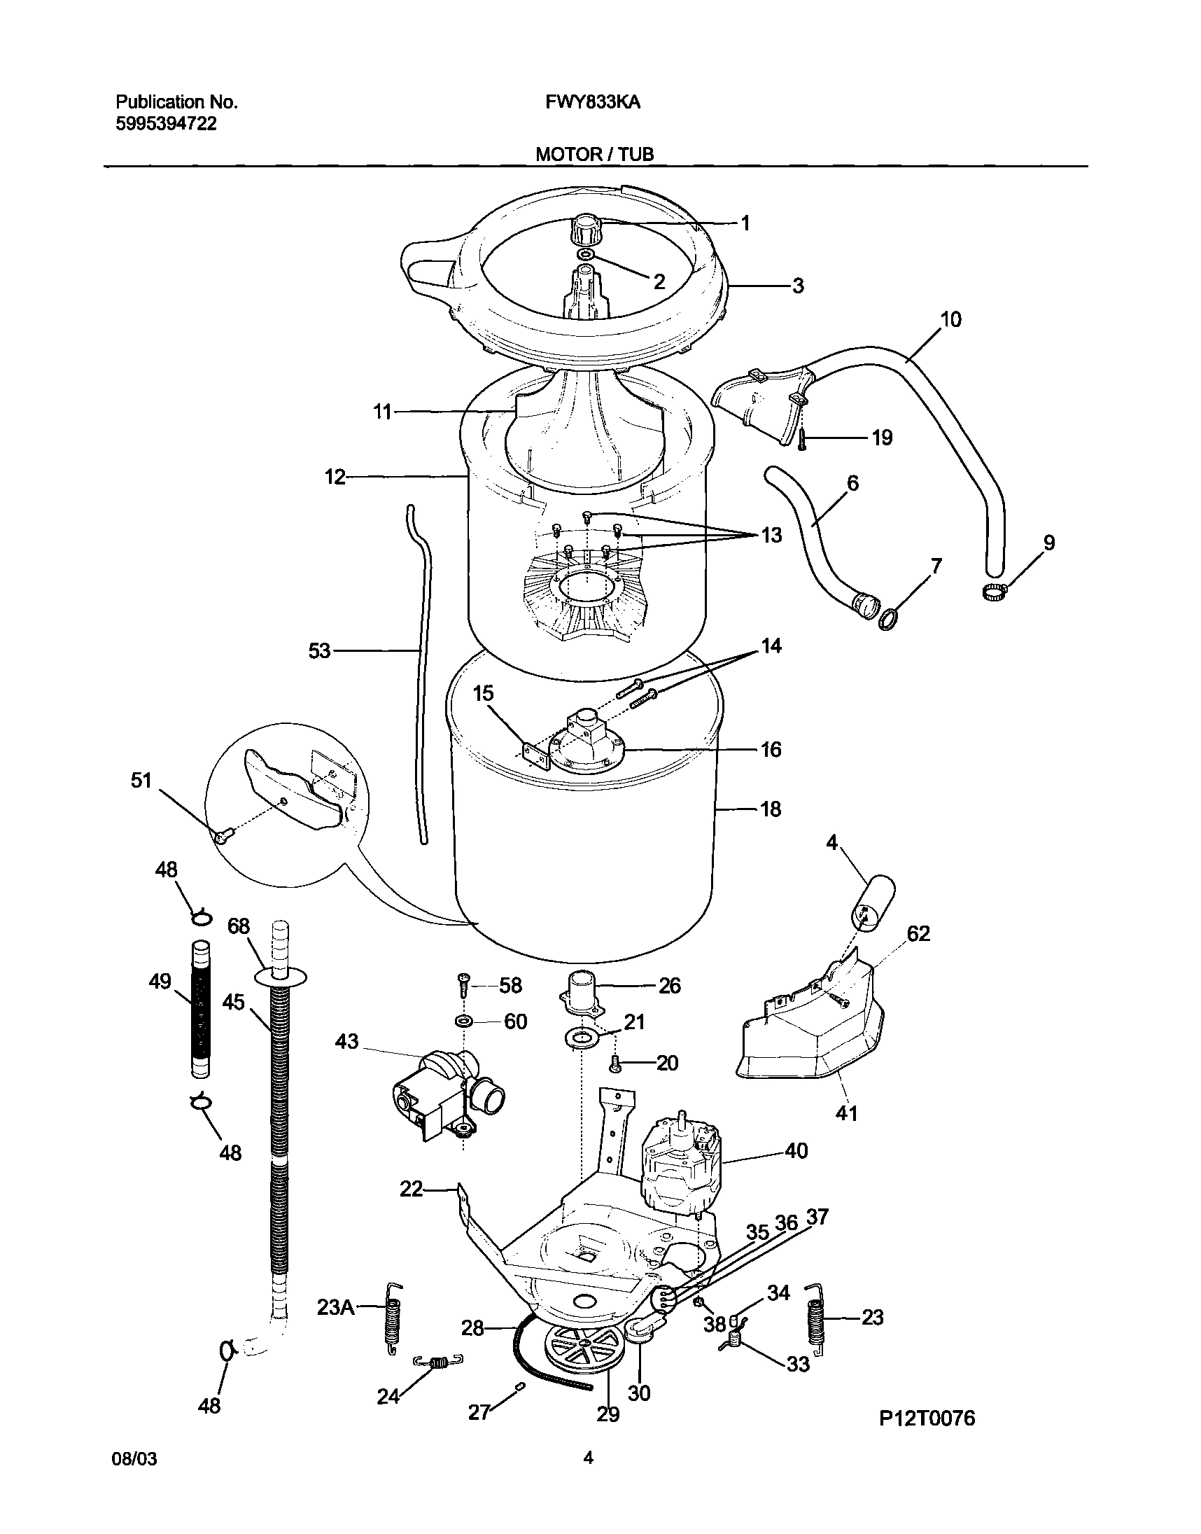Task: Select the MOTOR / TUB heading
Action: coord(594,155)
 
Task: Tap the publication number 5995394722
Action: coord(166,125)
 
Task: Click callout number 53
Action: coord(319,651)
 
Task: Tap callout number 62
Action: coord(918,933)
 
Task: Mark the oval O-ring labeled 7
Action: coord(888,620)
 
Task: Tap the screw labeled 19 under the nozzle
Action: coord(801,440)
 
